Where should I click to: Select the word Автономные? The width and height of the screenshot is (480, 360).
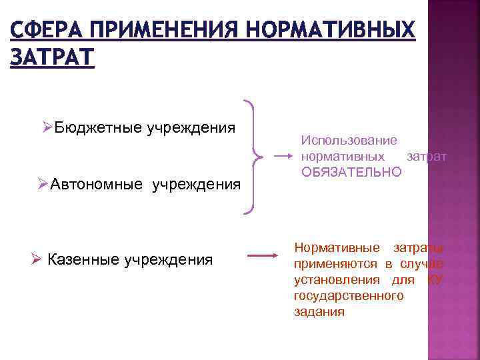96,184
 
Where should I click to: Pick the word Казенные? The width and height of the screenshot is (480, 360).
87,259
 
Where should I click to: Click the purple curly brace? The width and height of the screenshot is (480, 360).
253,157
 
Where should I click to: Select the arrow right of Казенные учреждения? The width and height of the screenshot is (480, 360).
262,255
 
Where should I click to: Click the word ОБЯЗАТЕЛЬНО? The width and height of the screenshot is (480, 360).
351,172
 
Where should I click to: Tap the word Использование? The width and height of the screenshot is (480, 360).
349,141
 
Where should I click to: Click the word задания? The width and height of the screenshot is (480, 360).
319,311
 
